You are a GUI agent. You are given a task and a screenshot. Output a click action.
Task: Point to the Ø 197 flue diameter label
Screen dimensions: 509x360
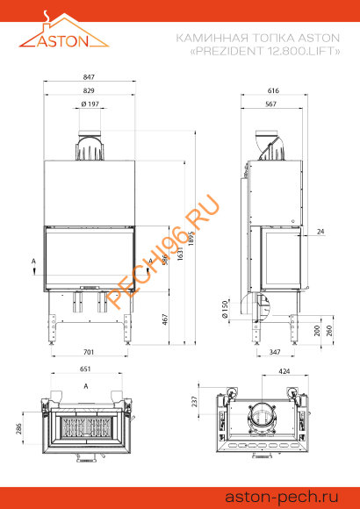click(89, 104)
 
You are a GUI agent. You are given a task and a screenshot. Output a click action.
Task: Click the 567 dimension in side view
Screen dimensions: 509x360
click(271, 104)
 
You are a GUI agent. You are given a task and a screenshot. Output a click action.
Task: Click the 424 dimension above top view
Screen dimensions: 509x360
click(285, 370)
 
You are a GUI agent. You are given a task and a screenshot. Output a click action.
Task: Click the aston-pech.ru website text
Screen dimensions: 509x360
click(294, 496)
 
